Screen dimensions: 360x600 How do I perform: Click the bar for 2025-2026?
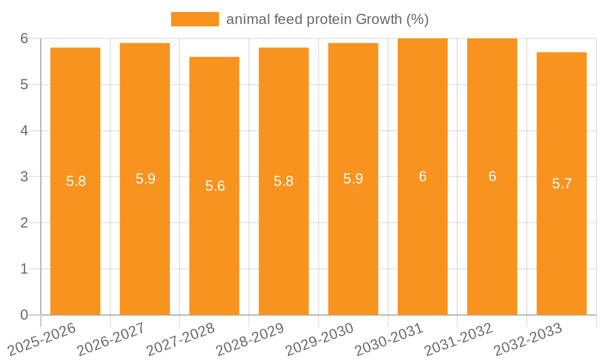(75, 240)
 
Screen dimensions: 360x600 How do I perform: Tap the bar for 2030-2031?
(422, 240)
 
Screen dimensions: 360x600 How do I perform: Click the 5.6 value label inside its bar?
(215, 186)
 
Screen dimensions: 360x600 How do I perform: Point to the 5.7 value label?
(562, 184)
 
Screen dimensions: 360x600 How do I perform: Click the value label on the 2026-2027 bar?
(145, 179)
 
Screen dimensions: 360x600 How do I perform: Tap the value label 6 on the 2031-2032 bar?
(492, 176)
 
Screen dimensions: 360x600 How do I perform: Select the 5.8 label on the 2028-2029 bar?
(283, 181)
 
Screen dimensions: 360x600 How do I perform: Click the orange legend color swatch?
(194, 19)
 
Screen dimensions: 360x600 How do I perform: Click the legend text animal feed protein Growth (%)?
(327, 19)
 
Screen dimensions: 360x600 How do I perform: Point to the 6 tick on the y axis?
(24, 38)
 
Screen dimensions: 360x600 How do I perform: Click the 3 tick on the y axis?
(24, 177)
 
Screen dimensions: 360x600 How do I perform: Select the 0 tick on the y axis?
(24, 315)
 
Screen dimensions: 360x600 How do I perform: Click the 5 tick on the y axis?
(24, 85)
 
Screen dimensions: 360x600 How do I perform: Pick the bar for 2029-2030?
(353, 240)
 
